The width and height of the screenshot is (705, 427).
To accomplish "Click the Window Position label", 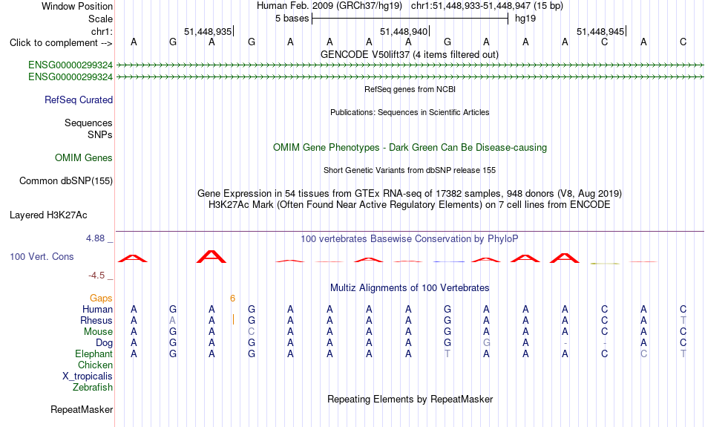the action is pyautogui.click(x=77, y=6).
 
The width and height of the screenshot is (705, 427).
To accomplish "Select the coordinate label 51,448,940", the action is pyautogui.click(x=403, y=31).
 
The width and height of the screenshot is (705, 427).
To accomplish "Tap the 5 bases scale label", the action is pyautogui.click(x=292, y=19).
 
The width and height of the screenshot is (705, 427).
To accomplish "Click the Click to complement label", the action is pyautogui.click(x=61, y=43).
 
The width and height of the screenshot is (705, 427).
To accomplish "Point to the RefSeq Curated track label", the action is pyautogui.click(x=79, y=100).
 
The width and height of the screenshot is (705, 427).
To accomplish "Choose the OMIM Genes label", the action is pyautogui.click(x=84, y=158).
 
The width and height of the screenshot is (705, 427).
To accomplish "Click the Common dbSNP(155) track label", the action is pyautogui.click(x=66, y=181).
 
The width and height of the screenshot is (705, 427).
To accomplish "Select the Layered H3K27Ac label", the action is pyautogui.click(x=48, y=215).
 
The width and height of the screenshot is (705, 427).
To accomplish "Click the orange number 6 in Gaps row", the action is pyautogui.click(x=232, y=299).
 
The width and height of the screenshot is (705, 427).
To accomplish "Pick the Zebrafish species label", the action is pyautogui.click(x=93, y=388).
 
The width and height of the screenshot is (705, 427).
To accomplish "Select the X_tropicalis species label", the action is pyautogui.click(x=88, y=377).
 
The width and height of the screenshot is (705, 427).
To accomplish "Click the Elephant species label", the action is pyautogui.click(x=94, y=354).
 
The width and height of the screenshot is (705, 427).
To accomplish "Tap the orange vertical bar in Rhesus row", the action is pyautogui.click(x=233, y=320).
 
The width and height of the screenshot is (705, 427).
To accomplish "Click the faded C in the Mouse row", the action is pyautogui.click(x=252, y=332).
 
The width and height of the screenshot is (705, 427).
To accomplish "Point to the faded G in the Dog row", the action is pyautogui.click(x=487, y=343).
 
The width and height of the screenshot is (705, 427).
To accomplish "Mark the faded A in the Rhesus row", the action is pyautogui.click(x=173, y=320).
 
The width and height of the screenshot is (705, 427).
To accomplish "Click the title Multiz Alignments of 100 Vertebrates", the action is pyautogui.click(x=410, y=288).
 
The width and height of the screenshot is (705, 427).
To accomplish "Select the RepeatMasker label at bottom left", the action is pyautogui.click(x=82, y=409).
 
